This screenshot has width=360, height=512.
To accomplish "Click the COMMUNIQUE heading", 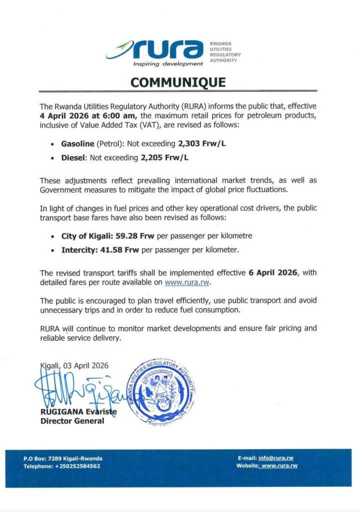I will [x=178, y=82].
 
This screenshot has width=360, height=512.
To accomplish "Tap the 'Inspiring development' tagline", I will [x=168, y=64].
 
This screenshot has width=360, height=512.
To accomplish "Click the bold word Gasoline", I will [x=77, y=143].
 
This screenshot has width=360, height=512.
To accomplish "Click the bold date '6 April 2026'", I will [x=271, y=273].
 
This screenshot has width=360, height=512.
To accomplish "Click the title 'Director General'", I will [x=72, y=421].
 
